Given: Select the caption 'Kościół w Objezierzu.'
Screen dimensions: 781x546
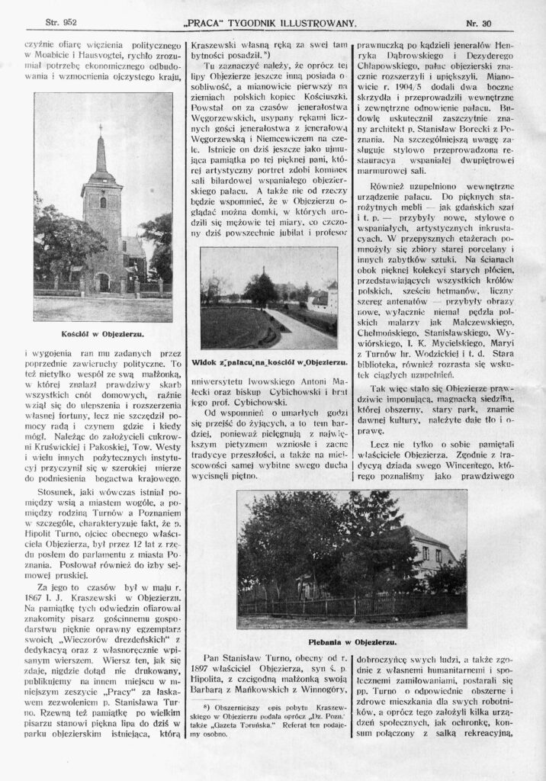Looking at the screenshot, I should tap(102, 333).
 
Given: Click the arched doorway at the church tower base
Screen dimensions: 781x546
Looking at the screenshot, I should tap(103, 283).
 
